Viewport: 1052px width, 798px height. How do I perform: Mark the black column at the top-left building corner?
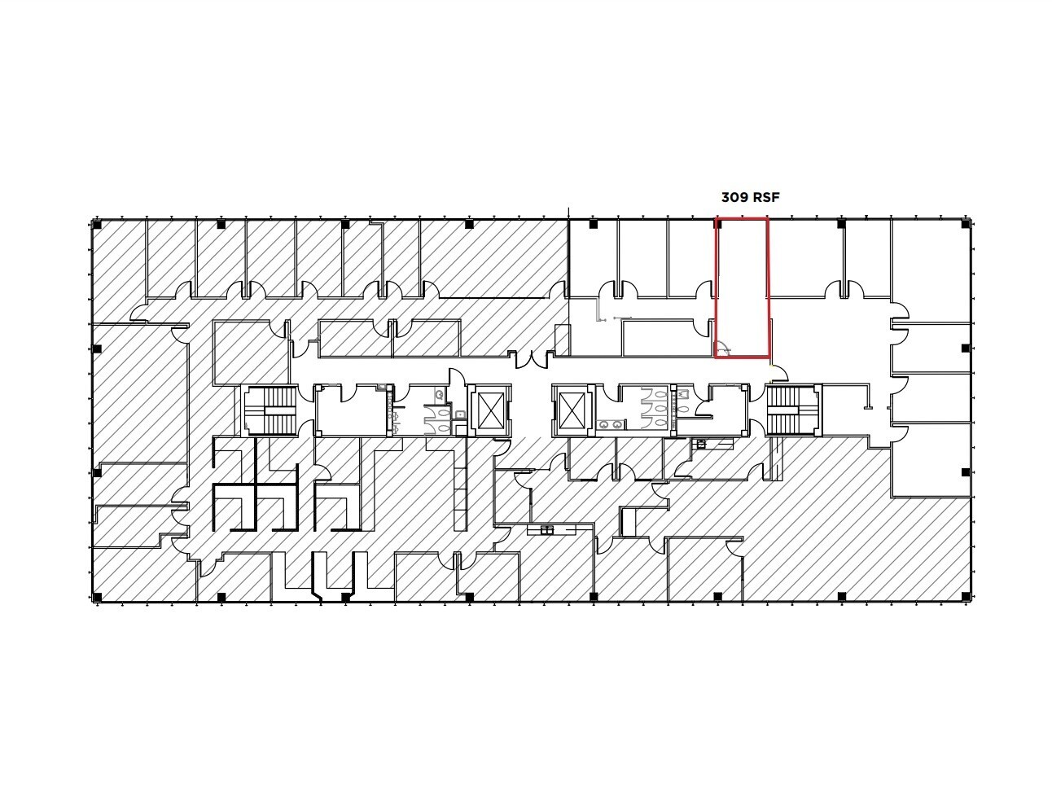pos(97,224)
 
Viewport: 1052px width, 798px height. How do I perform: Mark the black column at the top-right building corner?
pos(966,224)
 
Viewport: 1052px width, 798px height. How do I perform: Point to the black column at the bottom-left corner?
pos(97,598)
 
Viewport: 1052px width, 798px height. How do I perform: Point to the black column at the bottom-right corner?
pos(966,598)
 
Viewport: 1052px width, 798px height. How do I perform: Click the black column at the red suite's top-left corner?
pos(717,223)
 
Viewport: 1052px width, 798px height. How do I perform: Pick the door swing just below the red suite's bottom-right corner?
pos(779,374)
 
